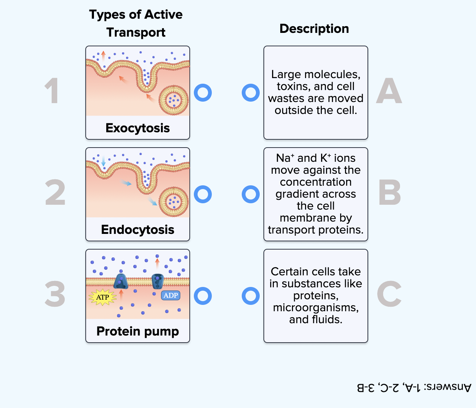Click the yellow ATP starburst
click(103, 297)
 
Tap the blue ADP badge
click(171, 296)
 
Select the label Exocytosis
click(138, 128)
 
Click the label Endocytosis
click(138, 230)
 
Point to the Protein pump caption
click(138, 331)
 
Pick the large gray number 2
click(55, 193)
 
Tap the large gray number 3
click(55, 294)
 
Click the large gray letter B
click(389, 193)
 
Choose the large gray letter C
click(389, 294)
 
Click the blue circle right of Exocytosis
click(203, 93)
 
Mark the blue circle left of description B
click(251, 194)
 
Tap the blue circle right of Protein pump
click(203, 296)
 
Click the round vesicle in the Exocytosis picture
click(174, 100)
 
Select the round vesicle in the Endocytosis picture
click(174, 202)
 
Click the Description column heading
click(314, 29)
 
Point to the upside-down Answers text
click(414, 387)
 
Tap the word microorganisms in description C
click(315, 307)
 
